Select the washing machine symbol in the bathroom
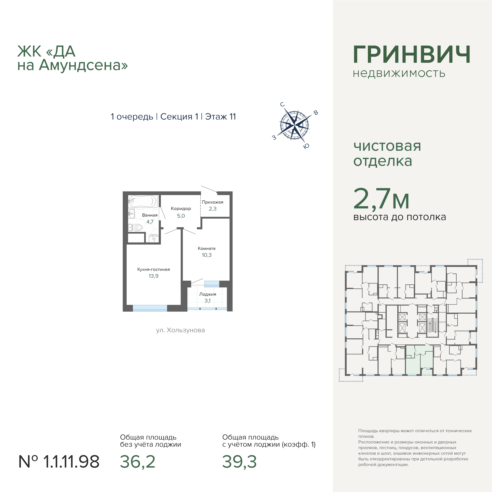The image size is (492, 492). tap(154, 238)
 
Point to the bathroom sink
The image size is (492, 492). tap(131, 213)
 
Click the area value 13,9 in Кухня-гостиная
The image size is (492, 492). tap(153, 276)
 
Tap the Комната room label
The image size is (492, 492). tap(207, 248)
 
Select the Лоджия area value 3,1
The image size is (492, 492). tap(208, 301)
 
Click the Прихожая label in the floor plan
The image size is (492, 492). tap(213, 202)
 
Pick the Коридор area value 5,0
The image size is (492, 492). tap(181, 216)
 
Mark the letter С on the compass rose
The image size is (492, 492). tap(282, 104)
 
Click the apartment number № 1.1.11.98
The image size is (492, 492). tap(59, 461)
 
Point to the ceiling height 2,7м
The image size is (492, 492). tap(381, 199)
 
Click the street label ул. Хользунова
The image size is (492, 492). tap(180, 330)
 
